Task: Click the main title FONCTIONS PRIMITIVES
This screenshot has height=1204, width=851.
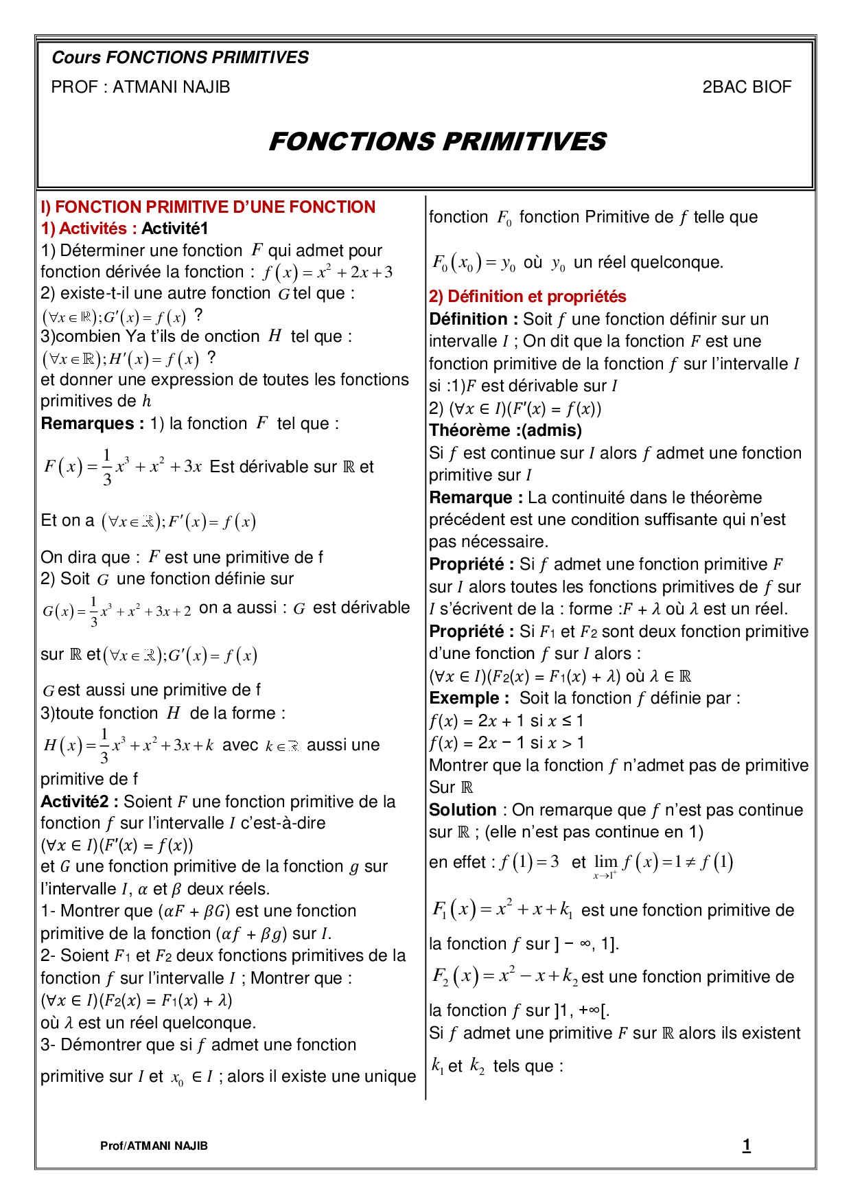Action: tap(437, 141)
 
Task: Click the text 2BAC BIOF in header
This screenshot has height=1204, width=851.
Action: tap(747, 87)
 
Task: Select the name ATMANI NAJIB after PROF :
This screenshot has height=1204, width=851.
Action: tap(171, 87)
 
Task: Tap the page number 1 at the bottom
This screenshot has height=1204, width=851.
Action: tap(746, 1145)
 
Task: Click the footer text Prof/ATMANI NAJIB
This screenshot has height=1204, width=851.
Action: tap(154, 1146)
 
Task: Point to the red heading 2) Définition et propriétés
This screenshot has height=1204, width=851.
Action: tap(527, 297)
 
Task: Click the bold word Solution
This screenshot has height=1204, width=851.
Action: tap(463, 810)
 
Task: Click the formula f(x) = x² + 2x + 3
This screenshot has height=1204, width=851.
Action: tap(327, 273)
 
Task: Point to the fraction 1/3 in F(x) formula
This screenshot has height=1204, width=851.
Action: tap(106, 467)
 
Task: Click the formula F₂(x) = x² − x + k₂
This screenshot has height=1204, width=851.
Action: tap(504, 976)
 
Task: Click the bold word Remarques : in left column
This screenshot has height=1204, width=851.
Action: tap(92, 424)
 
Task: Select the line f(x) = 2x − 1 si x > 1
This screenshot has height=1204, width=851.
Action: tap(506, 743)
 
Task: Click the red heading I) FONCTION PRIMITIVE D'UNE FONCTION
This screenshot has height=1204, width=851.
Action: tap(208, 207)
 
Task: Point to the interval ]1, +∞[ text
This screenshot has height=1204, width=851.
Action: tap(581, 1010)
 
